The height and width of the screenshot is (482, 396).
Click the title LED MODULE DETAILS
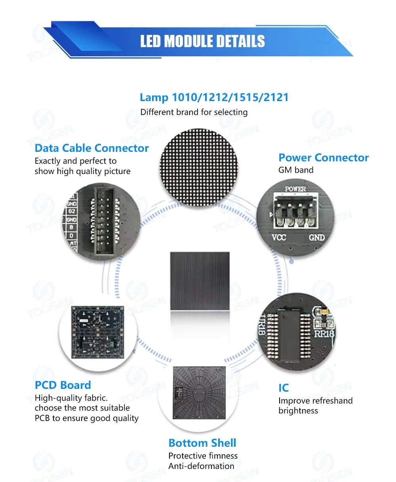click(202, 41)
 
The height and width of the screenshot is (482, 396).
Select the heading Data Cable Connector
click(91, 148)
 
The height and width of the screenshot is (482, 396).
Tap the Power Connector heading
click(323, 158)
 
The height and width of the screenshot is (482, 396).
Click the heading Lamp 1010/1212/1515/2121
click(214, 98)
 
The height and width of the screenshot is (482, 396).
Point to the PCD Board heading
click(63, 385)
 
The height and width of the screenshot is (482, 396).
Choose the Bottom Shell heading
click(202, 443)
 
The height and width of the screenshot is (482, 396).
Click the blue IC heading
click(284, 388)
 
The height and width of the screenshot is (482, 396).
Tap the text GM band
click(295, 170)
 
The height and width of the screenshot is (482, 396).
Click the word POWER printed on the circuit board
click(295, 189)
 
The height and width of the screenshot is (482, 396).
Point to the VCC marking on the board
click(279, 238)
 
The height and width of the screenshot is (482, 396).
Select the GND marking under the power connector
click(317, 238)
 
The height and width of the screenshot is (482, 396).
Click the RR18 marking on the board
click(324, 334)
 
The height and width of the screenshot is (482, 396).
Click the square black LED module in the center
click(200, 281)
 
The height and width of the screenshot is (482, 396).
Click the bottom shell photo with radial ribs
click(199, 393)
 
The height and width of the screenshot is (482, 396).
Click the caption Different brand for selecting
click(194, 112)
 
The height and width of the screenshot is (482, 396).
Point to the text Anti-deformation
click(201, 466)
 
